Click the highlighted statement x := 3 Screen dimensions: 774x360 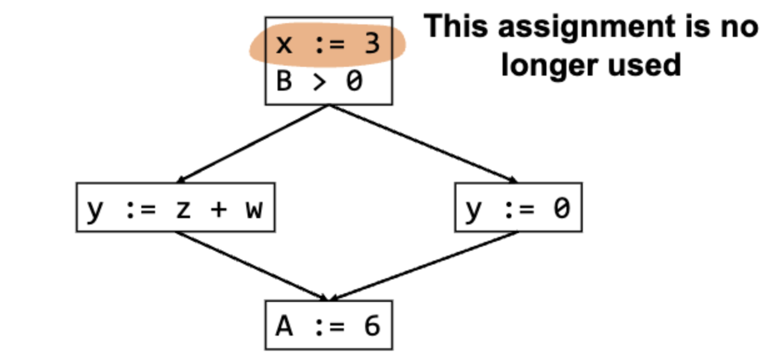coord(328,44)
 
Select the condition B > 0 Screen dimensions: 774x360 coord(319,81)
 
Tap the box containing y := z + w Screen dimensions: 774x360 coord(176,207)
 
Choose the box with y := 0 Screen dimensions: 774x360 coord(518,207)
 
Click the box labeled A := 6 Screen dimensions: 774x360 coord(329,325)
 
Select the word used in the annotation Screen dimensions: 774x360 coord(645,65)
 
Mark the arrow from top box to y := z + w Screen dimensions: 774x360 coord(253,144)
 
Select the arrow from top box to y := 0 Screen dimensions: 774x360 coord(424,144)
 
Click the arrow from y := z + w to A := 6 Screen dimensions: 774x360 coord(251,266)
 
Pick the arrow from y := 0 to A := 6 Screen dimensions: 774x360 coord(424,266)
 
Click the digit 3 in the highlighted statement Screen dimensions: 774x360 coord(373,44)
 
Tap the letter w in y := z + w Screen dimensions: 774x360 coord(254,209)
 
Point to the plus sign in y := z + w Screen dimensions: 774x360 coord(219,209)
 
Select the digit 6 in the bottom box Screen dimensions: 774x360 coord(373,326)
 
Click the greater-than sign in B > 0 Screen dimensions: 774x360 coord(319,82)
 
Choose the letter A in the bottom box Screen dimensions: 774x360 coord(284,326)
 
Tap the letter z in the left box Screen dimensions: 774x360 coord(183,209)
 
